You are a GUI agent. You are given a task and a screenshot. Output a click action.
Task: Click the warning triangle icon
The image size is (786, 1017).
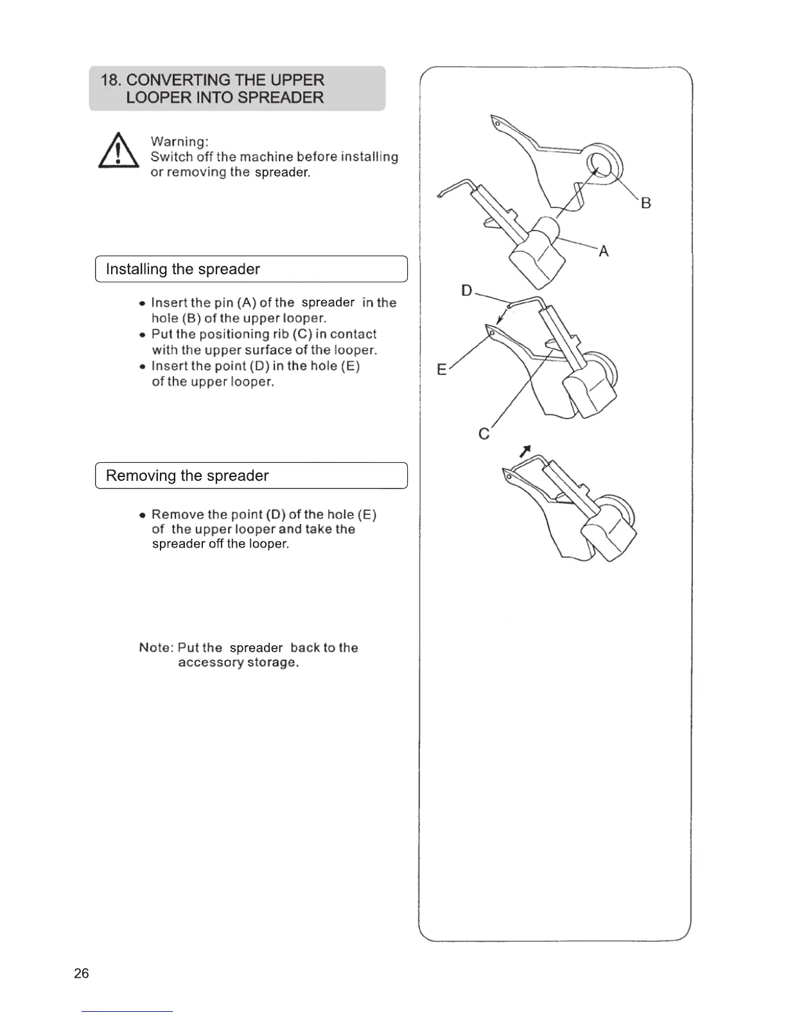coord(118,152)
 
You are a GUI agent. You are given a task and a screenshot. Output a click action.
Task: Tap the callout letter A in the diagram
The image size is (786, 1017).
coord(603,252)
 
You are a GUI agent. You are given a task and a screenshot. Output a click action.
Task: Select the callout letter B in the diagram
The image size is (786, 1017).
coord(645,204)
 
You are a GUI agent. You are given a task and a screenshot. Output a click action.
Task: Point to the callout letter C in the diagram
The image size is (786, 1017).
coord(484,435)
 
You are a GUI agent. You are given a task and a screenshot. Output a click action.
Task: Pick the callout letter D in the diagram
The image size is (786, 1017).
coord(467,291)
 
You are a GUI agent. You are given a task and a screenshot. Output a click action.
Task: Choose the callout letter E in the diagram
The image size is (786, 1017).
coord(441,370)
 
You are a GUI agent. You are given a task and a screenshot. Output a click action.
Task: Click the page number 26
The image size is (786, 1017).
coord(82,973)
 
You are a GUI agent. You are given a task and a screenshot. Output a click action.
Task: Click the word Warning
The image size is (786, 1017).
coord(179,141)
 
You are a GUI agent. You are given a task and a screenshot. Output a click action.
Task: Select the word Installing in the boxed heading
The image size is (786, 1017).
coord(136,269)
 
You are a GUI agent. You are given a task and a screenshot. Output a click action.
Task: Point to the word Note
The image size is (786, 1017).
coord(155,647)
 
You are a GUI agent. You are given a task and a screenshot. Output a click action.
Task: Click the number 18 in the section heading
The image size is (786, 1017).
coord(110,80)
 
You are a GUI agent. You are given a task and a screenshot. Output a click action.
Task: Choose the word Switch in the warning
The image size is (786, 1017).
coord(171,157)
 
